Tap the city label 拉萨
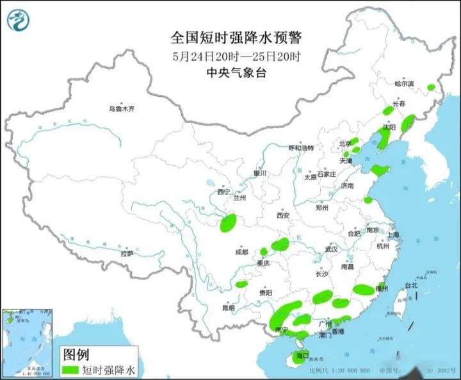click(x=127, y=253)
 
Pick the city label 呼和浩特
click(x=301, y=148)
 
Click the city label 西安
click(x=284, y=215)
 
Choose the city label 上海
click(x=391, y=235)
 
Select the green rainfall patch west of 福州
click(x=363, y=290)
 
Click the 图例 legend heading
click(x=76, y=354)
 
